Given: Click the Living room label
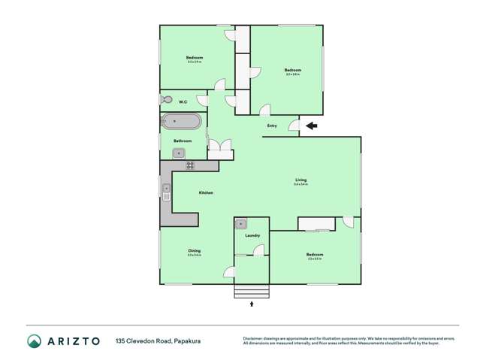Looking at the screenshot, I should point(300,180).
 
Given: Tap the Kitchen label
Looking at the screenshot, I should point(206,193).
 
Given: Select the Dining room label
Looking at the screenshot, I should point(194,251).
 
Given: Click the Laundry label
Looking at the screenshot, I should point(252,236).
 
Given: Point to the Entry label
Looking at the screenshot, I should point(272,126).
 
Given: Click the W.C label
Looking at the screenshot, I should point(183,101).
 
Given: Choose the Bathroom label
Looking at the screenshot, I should point(183,141).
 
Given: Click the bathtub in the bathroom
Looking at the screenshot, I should point(182,121).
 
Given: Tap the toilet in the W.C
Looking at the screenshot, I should point(168,99).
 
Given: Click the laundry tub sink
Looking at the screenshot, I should point(241,224).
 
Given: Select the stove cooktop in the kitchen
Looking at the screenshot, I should point(190,165).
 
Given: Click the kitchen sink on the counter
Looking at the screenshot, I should point(166,192).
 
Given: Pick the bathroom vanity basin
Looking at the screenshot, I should point(179,153).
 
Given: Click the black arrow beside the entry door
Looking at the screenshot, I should point(311,126).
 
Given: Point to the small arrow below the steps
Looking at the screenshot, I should point(252,304).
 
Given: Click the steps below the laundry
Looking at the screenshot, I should point(252,292).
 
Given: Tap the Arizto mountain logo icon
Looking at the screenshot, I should point(35,341).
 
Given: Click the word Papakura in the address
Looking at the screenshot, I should point(184,341).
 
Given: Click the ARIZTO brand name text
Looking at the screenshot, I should point(74,341).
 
